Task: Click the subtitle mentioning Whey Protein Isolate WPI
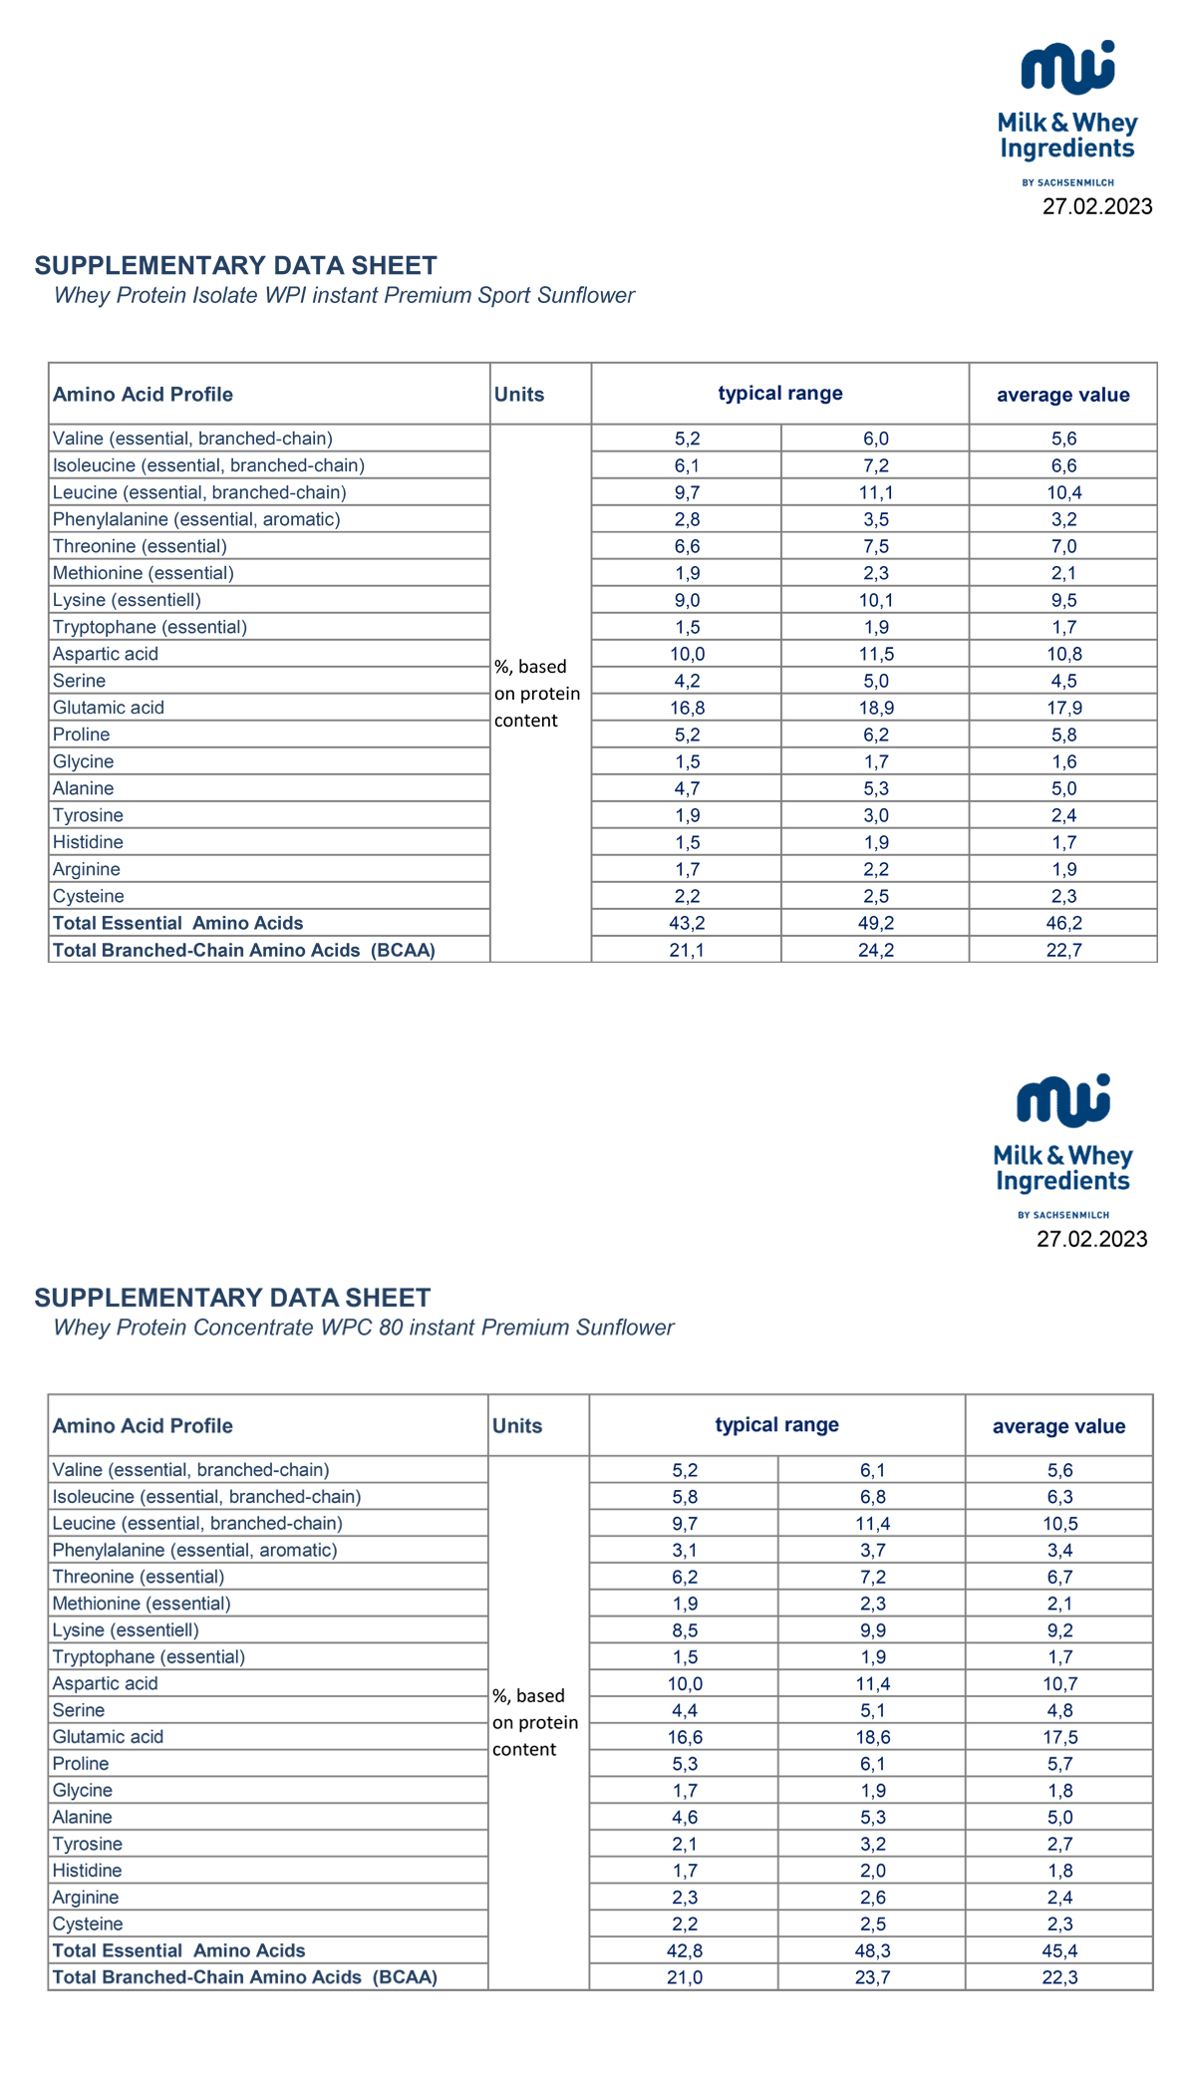pyautogui.click(x=344, y=295)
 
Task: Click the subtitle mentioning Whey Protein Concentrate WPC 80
pyautogui.click(x=363, y=1328)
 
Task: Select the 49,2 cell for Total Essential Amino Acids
pyautogui.click(x=875, y=923)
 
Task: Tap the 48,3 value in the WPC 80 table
pyautogui.click(x=872, y=1950)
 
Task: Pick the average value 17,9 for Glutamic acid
pyautogui.click(x=1063, y=708)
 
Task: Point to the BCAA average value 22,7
pyautogui.click(x=1063, y=950)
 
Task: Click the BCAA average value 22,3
pyautogui.click(x=1059, y=1977)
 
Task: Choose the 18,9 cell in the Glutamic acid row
pyautogui.click(x=875, y=708)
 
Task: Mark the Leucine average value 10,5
pyautogui.click(x=1059, y=1523)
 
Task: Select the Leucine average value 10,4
pyautogui.click(x=1063, y=492)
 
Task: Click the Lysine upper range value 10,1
pyautogui.click(x=875, y=600)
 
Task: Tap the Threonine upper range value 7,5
pyautogui.click(x=875, y=546)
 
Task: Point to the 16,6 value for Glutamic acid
pyautogui.click(x=684, y=1736)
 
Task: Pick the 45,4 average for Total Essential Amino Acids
pyautogui.click(x=1059, y=1950)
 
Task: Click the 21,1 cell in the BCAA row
pyautogui.click(x=687, y=950)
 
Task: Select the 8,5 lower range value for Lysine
pyautogui.click(x=684, y=1629)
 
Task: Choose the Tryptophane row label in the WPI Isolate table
pyautogui.click(x=149, y=627)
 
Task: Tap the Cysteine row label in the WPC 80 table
pyautogui.click(x=88, y=1924)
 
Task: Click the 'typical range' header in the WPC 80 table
pyautogui.click(x=776, y=1424)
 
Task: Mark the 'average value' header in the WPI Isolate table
pyautogui.click(x=1063, y=395)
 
